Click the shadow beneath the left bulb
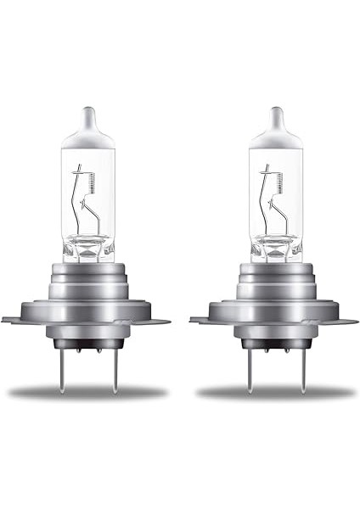(88, 393)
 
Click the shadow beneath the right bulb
(275, 393)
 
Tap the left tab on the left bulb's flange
(10, 321)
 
